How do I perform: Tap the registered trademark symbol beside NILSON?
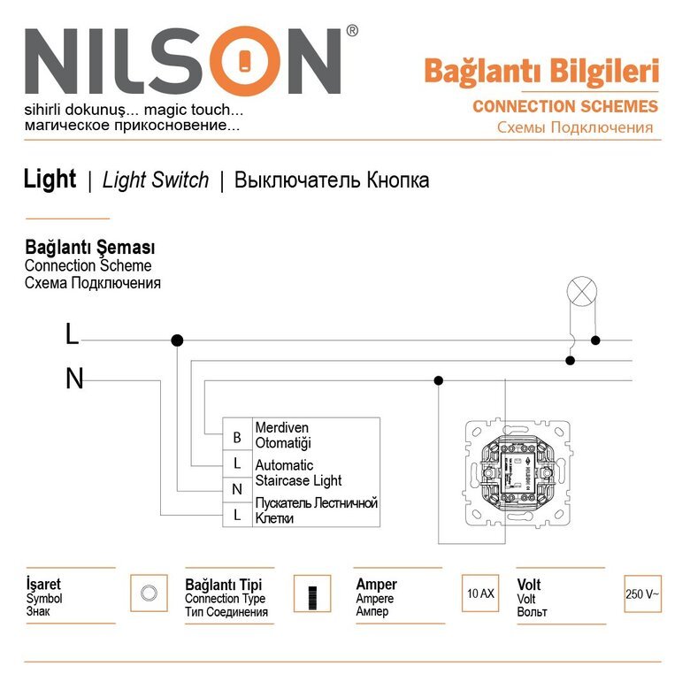[x=352, y=31]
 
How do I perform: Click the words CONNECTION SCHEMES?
[x=565, y=106]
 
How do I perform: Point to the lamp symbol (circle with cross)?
[x=581, y=289]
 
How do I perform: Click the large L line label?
[x=72, y=335]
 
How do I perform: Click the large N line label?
[x=74, y=379]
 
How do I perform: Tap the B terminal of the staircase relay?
[x=236, y=437]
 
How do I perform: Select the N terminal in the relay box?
[x=236, y=489]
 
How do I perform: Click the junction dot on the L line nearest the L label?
[x=177, y=340]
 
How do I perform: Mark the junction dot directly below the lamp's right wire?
[x=596, y=340]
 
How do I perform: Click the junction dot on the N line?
[x=438, y=380]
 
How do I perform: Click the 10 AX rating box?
[x=480, y=593]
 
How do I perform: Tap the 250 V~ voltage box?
[x=642, y=593]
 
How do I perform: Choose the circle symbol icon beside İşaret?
[x=149, y=593]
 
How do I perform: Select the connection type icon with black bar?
[x=311, y=593]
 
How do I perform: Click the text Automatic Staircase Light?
[x=298, y=472]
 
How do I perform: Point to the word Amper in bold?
[x=376, y=585]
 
